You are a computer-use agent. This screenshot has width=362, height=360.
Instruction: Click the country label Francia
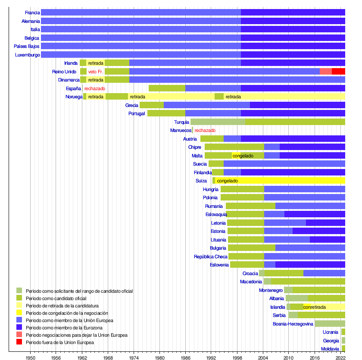point(32,13)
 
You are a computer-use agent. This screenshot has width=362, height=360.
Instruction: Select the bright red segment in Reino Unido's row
point(338,72)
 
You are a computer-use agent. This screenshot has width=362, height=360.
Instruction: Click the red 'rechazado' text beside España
point(94,88)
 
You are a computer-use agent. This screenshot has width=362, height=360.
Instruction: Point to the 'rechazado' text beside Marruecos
point(205,130)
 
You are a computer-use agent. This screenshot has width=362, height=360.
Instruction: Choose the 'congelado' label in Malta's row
point(243,156)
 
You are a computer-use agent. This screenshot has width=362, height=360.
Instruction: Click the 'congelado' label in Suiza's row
point(227,181)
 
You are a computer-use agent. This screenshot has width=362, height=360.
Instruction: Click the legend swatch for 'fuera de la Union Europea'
point(19,342)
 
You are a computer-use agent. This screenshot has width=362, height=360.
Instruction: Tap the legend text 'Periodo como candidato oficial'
point(56,298)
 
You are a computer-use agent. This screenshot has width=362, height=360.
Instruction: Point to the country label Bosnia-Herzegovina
point(293,324)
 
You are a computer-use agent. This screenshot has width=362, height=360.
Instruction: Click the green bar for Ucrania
point(343,332)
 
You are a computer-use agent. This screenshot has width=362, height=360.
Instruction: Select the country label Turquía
point(181,122)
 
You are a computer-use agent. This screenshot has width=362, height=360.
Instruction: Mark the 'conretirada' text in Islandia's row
point(315,307)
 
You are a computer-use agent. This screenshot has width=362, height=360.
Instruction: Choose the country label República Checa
point(210,257)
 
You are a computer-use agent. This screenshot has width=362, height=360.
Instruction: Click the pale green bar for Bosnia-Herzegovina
point(330,324)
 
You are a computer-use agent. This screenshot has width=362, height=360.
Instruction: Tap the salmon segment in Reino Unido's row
point(325,72)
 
